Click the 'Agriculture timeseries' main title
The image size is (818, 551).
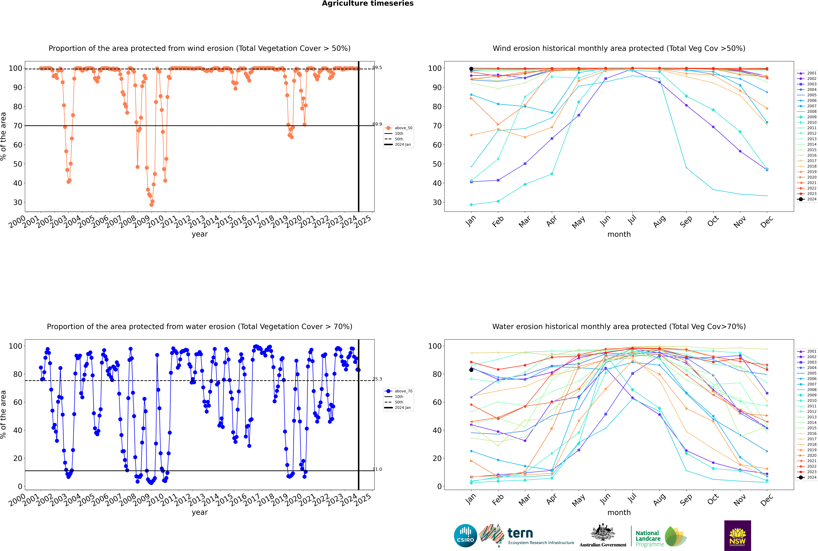pos(368,3)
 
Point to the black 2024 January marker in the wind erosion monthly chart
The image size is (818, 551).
pos(471,69)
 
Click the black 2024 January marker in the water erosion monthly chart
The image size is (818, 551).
pos(471,370)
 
